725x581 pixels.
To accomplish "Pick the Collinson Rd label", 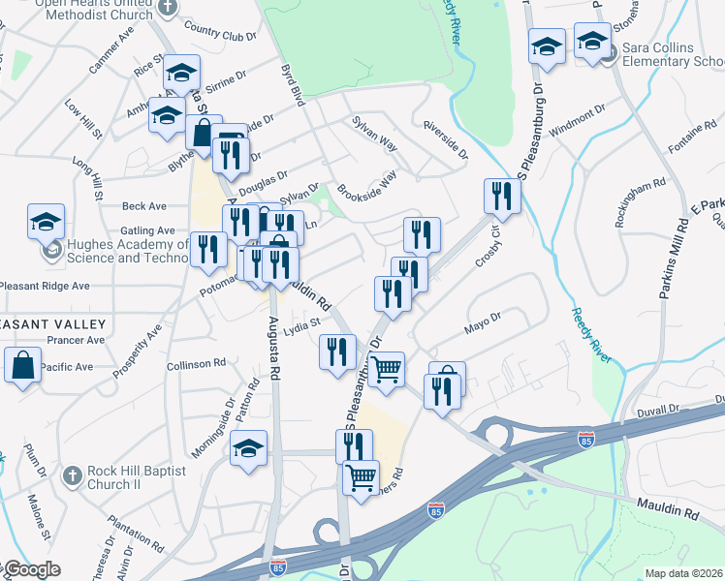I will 196,363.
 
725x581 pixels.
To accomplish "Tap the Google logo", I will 31,569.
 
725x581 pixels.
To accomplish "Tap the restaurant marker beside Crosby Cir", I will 502,197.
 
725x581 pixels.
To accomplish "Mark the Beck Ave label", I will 144,206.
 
